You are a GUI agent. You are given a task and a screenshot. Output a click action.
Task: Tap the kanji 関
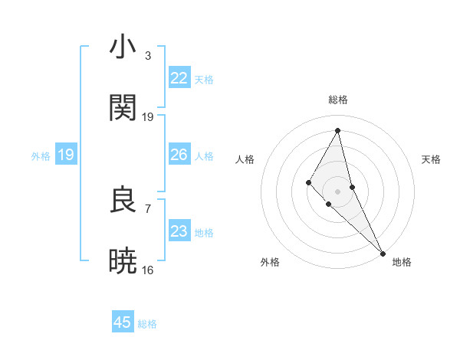123,107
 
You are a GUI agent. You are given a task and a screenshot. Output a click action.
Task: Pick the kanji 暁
123,260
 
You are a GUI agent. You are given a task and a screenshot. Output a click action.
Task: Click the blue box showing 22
179,78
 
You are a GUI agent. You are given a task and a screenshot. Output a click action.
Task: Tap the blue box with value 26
179,155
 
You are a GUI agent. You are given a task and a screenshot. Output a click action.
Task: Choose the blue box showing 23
179,231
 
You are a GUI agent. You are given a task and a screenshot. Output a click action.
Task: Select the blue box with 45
123,322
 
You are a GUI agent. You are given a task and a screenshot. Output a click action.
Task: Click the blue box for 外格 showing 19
66,155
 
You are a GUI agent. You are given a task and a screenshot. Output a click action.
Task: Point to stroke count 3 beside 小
148,56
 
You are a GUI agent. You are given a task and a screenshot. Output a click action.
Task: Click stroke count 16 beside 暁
148,270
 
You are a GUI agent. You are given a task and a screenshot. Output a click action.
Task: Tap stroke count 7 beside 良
148,208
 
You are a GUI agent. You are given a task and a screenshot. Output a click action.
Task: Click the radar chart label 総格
338,100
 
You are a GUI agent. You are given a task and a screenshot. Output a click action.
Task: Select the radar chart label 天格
431,159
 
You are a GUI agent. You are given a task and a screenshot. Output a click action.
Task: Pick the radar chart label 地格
402,262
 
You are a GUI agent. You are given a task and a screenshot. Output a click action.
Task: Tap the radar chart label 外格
270,262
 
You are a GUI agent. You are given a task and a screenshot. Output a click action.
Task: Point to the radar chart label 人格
245,159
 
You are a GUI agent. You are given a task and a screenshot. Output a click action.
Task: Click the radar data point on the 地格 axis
382,252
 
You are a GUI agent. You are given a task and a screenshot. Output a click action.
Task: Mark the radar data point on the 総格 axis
338,130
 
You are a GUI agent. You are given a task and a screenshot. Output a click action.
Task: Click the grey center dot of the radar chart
338,191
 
